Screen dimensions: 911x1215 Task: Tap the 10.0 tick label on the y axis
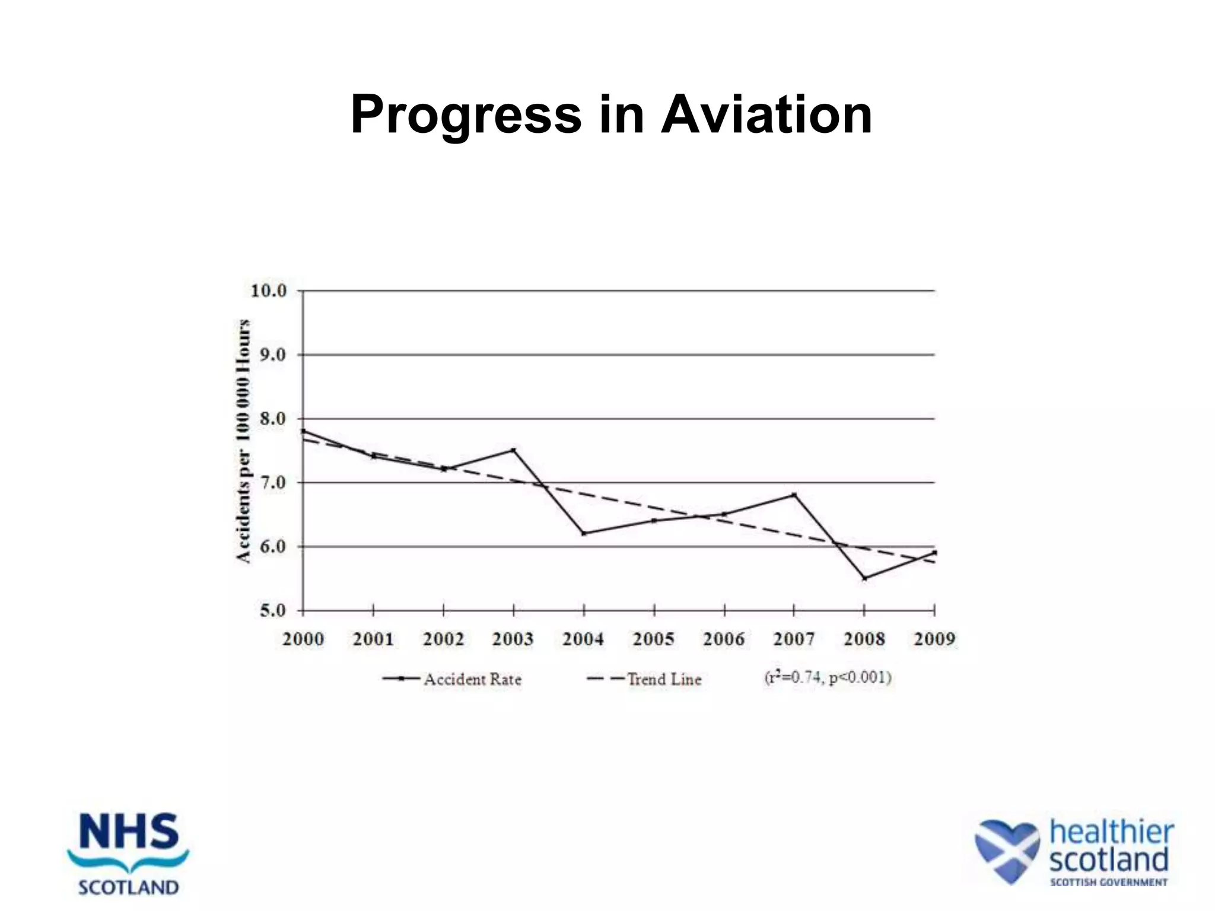269,291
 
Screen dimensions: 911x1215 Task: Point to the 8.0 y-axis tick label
272,419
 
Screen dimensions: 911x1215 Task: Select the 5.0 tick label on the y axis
272,611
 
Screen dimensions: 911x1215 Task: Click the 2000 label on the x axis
303,639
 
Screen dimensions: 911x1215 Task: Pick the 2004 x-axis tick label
583,639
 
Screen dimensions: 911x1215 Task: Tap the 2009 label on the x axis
934,639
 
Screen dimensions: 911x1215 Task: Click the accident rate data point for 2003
514,450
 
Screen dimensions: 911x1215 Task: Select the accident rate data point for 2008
864,578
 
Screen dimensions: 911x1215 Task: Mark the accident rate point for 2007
794,495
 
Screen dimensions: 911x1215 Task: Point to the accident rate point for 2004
584,533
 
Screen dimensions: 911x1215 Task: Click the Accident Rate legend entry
453,679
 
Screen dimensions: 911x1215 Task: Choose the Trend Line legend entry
645,679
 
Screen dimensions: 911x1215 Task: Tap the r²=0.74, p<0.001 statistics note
828,677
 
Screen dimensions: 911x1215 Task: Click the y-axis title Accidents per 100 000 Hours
243,441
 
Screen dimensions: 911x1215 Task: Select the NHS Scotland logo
129,854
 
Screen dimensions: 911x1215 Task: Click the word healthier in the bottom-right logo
1112,832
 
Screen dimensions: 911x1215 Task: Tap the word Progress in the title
466,116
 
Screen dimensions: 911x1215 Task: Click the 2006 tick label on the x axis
724,639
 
